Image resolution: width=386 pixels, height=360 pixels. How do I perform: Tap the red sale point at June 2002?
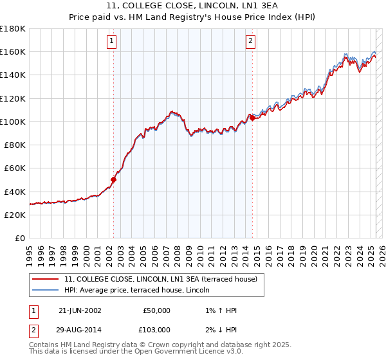point(114,180)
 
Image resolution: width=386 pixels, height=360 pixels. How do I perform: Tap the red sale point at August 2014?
point(253,118)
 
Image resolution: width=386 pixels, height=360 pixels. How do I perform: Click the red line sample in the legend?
point(45,279)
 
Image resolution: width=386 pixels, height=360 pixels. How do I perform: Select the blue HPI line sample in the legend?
point(45,289)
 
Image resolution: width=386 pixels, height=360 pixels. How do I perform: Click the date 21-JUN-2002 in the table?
point(80,310)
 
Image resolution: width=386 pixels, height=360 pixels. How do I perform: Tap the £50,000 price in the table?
point(157,310)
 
